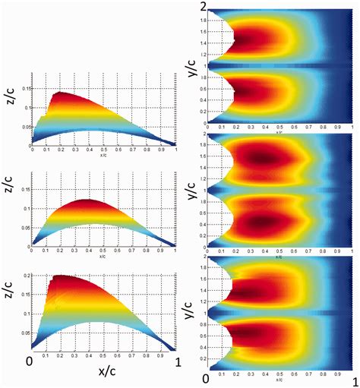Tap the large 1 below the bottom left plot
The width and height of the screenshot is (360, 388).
177,360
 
